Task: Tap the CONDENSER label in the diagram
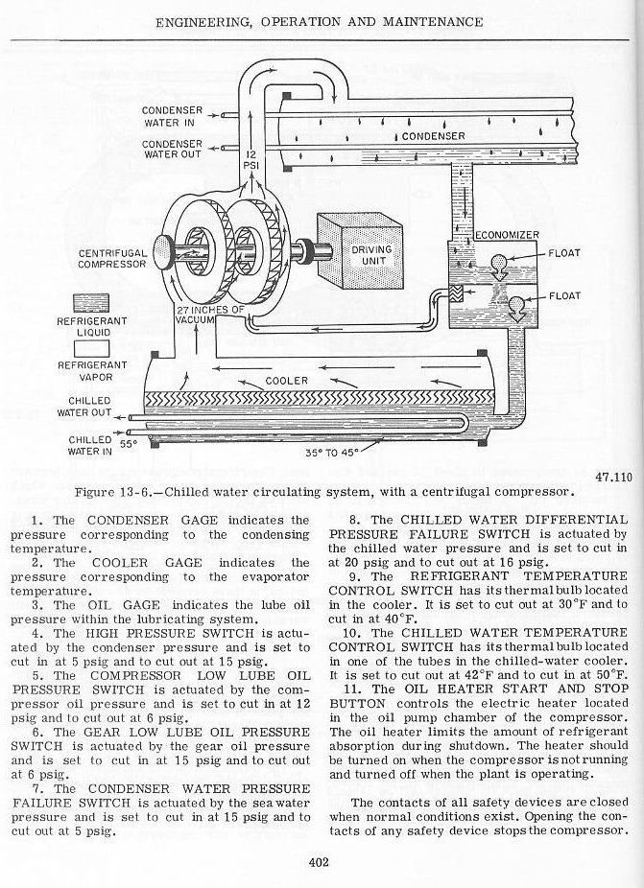pos(433,136)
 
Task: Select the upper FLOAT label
pos(563,254)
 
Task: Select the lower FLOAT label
pos(563,296)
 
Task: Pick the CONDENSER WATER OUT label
pos(173,149)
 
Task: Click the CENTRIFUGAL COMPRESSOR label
pos(112,259)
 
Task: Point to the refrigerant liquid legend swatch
pos(92,303)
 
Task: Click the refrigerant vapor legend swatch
pos(92,347)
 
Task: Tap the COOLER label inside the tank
pos(286,381)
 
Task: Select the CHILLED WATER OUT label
pos(89,407)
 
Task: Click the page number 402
pos(321,862)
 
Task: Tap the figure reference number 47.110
pos(611,476)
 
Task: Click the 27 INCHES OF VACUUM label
pos(211,315)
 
